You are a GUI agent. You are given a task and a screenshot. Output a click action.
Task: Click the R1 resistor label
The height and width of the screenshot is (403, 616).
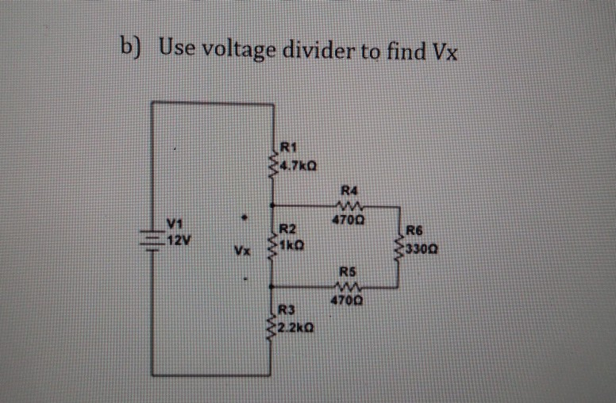(289, 146)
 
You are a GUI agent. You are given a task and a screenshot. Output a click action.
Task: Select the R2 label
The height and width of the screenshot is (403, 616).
(287, 229)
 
